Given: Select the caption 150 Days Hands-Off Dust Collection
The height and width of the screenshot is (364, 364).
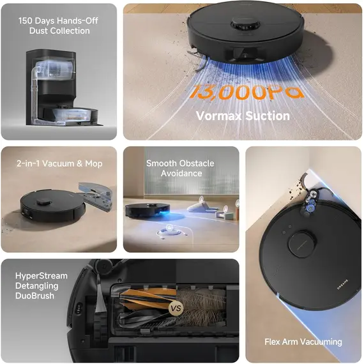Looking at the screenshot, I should (59, 25).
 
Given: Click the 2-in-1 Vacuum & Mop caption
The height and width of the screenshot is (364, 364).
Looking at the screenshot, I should (59, 163).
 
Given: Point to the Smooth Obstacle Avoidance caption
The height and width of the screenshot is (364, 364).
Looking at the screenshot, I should (180, 168).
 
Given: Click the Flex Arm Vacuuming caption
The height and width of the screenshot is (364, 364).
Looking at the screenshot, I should (303, 342).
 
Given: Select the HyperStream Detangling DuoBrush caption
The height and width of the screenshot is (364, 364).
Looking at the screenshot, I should (41, 286).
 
